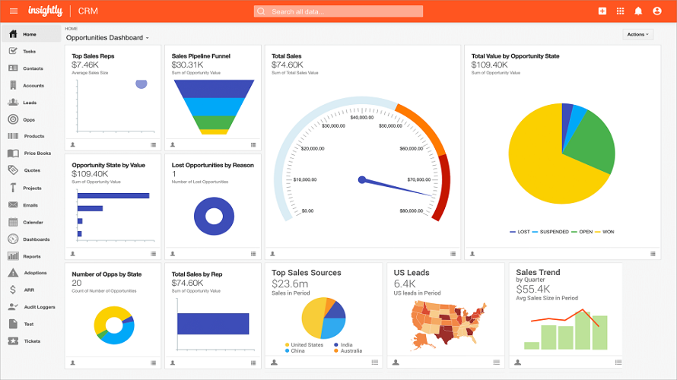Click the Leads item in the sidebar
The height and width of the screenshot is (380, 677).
tap(29, 103)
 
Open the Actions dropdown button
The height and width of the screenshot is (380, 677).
tap(637, 34)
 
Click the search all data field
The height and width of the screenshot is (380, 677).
tap(338, 11)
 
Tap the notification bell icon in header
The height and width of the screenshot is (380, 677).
tap(638, 11)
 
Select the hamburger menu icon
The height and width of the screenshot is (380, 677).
tap(13, 11)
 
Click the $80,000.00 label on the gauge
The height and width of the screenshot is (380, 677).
tap(411, 211)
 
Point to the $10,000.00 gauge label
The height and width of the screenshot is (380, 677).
tap(304, 180)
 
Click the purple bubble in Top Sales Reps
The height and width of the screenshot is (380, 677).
tap(141, 84)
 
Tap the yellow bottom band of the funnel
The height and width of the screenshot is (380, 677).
tap(214, 131)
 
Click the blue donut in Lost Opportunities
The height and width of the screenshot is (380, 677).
tap(213, 217)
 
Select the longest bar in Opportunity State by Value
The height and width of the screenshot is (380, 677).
tap(113, 195)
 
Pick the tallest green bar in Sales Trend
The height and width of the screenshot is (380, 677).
tap(583, 330)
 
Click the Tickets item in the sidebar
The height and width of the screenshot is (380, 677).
tap(31, 341)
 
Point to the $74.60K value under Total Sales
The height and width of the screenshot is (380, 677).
tap(287, 65)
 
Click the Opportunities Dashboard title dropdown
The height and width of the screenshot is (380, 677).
tap(107, 37)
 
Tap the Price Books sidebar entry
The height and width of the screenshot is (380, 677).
tap(37, 154)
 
